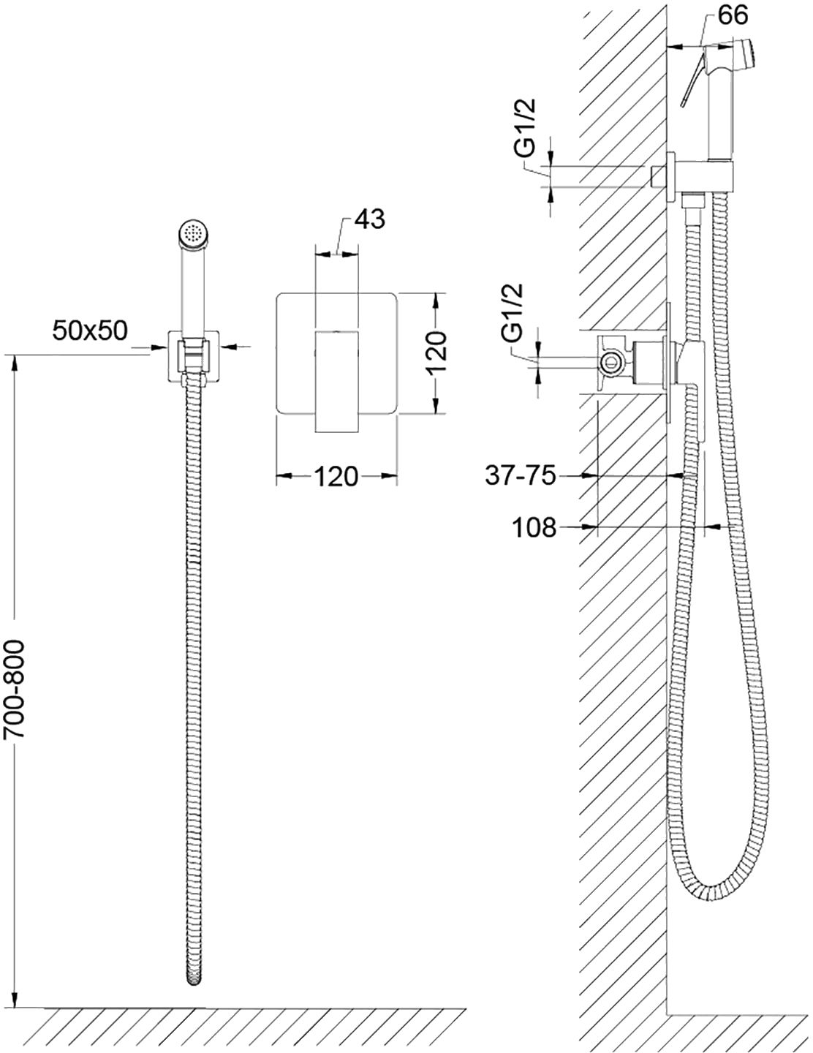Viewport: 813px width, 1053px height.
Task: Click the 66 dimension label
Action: [x=733, y=15]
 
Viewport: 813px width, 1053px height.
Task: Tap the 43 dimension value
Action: [x=369, y=219]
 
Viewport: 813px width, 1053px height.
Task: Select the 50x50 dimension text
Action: [x=90, y=331]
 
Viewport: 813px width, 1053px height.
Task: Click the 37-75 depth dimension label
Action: [x=521, y=476]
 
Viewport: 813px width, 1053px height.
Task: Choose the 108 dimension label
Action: [x=534, y=527]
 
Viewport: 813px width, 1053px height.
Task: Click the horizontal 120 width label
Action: [x=336, y=476]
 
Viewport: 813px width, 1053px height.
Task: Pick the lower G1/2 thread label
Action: [x=513, y=313]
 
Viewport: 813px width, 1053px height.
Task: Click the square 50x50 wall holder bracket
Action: [x=194, y=356]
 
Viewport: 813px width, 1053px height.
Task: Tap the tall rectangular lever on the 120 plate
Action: [x=337, y=382]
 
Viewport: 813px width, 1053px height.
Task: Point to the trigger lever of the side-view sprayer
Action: [x=692, y=78]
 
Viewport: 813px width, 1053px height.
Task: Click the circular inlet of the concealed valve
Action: [x=611, y=361]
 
